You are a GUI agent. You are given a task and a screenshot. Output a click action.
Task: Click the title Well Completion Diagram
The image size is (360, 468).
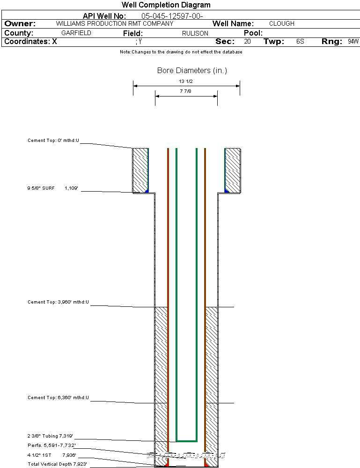(166, 5)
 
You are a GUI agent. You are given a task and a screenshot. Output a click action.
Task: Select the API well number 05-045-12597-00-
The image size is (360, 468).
(172, 16)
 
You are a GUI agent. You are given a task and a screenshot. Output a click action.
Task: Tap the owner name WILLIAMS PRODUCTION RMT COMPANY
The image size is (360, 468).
(114, 23)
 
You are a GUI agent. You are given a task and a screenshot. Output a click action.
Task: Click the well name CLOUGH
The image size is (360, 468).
(282, 23)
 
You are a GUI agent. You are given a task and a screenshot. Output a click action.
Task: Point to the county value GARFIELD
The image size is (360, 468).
(76, 33)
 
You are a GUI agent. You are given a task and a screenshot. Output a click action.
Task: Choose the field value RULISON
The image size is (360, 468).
(195, 34)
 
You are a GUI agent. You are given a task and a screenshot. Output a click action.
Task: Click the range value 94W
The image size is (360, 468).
(353, 42)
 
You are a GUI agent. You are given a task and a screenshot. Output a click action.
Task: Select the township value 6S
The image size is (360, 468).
(300, 42)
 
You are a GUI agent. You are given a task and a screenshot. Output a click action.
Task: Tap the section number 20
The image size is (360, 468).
(247, 42)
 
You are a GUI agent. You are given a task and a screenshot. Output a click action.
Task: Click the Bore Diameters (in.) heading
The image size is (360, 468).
(192, 71)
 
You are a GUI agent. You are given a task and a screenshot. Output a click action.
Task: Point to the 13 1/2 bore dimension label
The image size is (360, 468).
(186, 82)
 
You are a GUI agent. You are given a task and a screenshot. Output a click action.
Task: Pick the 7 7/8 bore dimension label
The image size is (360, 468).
(186, 91)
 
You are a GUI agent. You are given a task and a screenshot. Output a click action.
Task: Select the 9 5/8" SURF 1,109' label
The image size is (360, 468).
(52, 188)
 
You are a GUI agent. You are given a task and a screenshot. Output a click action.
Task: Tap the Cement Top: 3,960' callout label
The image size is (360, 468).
(58, 302)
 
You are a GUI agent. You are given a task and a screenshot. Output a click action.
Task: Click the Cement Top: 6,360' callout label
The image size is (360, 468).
(58, 398)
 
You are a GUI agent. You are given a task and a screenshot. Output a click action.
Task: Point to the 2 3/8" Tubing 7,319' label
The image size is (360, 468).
(50, 436)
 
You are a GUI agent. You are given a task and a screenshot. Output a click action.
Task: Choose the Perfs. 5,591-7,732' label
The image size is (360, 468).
(51, 445)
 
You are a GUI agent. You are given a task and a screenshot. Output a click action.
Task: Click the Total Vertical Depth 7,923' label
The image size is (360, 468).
(57, 464)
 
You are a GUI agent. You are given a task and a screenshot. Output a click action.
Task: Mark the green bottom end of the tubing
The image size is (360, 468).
(186, 441)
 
